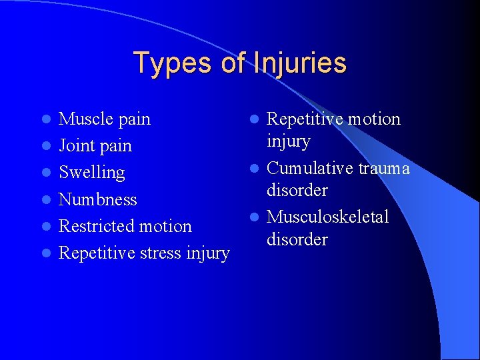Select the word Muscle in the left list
(x=83, y=119)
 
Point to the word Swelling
(x=92, y=173)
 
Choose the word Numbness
(x=98, y=199)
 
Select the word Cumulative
(x=310, y=169)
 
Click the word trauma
(x=384, y=169)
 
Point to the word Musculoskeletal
(x=328, y=217)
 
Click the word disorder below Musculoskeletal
(x=297, y=239)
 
